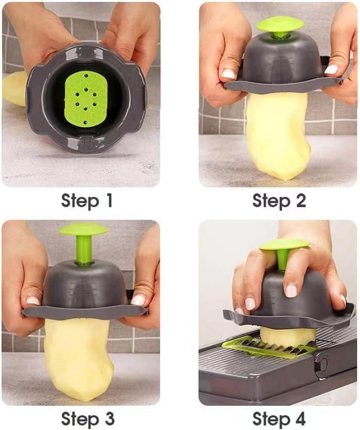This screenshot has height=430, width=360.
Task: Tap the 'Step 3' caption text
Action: click(87, 419)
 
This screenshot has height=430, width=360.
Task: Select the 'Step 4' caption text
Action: click(279, 419)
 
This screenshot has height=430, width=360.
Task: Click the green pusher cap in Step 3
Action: click(84, 229)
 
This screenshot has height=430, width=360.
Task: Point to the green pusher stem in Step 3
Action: click(84, 250)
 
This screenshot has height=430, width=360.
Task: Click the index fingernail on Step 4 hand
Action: click(250, 303)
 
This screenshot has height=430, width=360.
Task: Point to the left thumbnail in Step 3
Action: click(33, 301)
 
